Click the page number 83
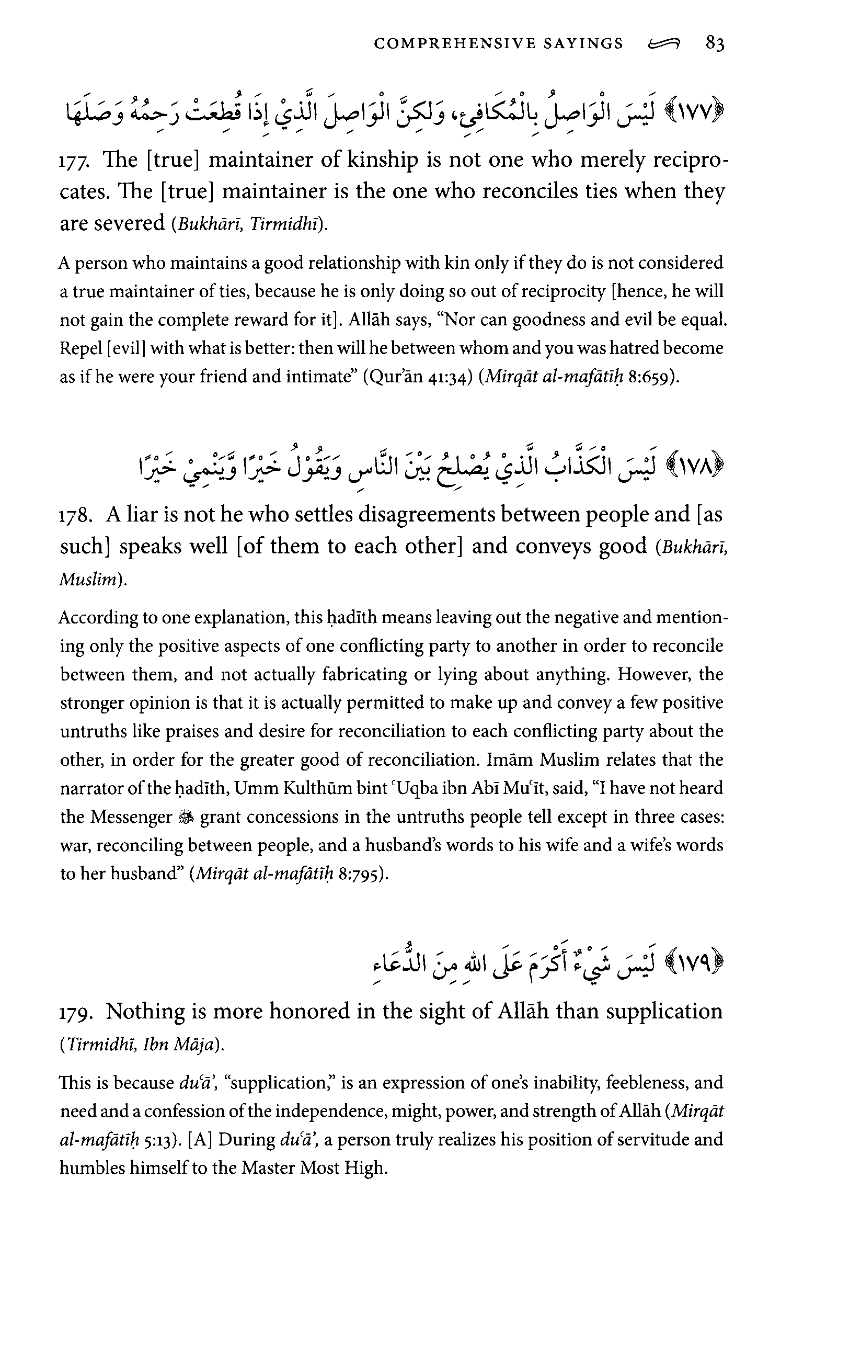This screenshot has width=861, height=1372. [715, 43]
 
